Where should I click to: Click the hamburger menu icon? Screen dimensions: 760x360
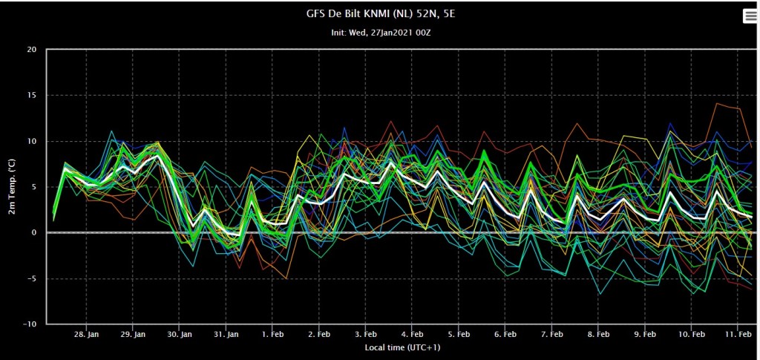click(750, 16)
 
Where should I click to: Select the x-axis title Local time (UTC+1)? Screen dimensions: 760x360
click(402, 347)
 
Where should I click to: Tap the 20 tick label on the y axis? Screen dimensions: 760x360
click(33, 50)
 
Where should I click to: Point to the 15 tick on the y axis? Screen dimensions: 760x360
click(33, 96)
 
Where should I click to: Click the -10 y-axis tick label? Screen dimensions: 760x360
click(31, 324)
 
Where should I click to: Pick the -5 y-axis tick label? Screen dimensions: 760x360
click(33, 278)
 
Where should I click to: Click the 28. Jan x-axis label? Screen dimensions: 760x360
click(87, 335)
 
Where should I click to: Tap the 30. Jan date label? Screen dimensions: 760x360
click(180, 335)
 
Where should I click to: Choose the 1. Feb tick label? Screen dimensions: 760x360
click(272, 335)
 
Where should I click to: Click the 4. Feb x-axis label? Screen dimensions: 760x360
click(411, 335)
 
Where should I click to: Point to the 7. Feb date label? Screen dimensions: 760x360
click(551, 335)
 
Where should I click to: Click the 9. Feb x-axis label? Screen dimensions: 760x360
click(644, 335)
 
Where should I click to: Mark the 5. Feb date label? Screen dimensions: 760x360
click(458, 335)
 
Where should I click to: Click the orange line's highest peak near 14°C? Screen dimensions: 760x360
click(716, 103)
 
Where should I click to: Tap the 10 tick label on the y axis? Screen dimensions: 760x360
click(33, 142)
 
